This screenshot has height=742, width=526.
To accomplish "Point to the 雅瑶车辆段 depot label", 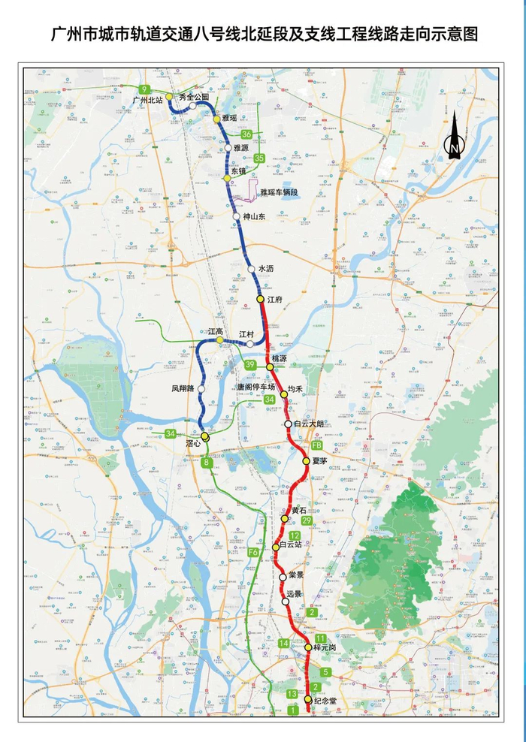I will pos(280,193).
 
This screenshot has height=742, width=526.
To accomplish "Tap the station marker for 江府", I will pos(261,299).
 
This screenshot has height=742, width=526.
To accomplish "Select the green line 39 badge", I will pos(250,365).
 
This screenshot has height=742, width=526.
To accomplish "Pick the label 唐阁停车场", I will pos(257,387).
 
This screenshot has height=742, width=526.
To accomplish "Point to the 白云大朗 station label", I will pos(309,424).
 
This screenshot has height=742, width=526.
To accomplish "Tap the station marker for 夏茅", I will pos(307,461).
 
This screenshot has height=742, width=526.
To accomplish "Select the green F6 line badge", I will pos(253,553).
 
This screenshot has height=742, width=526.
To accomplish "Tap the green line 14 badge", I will pos(284,644).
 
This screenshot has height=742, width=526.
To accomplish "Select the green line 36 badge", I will pos(246,134).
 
